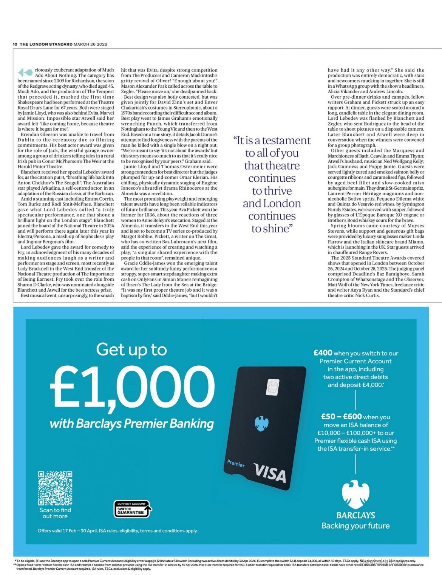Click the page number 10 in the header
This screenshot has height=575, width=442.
click(15, 44)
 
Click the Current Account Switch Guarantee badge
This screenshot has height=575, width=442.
click(132, 509)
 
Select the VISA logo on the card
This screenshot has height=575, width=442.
click(270, 473)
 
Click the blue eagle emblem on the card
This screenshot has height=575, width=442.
click(261, 424)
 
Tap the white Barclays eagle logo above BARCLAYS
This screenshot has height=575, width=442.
click(355, 495)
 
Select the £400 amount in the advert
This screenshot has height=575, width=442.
click(323, 353)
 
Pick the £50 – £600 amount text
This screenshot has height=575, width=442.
click(342, 416)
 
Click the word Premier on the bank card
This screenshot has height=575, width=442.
click(236, 463)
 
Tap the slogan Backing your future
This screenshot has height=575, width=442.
click(355, 526)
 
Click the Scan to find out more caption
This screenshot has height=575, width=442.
click(55, 513)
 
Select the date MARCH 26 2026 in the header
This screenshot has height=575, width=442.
click(90, 44)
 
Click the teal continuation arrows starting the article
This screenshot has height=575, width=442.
click(25, 72)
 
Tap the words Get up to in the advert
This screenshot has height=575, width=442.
click(131, 349)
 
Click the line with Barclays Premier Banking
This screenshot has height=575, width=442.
click(132, 424)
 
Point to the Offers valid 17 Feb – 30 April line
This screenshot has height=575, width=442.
click(117, 531)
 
